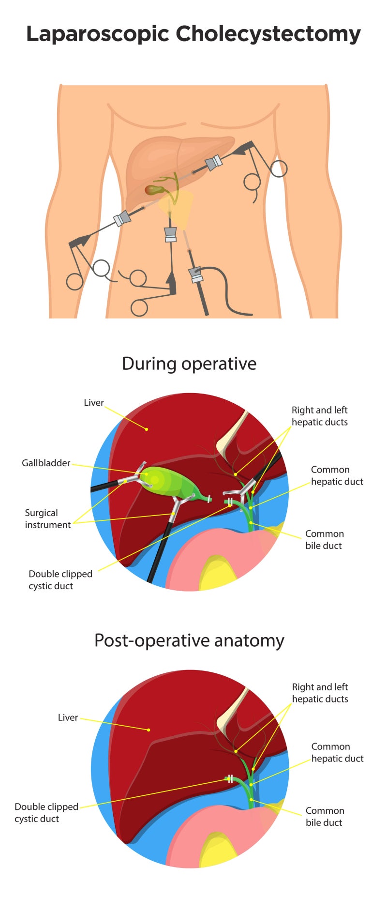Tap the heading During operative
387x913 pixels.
[189, 364]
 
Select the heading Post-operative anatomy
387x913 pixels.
[189, 640]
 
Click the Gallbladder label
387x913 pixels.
[46, 463]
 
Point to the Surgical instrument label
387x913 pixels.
[47, 518]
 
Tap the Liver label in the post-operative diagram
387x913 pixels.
[68, 717]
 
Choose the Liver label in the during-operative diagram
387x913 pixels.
[93, 403]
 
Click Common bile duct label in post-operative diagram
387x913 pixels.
[325, 816]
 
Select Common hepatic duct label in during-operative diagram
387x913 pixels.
[337, 475]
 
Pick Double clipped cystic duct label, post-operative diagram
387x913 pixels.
[46, 812]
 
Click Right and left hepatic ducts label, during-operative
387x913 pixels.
[319, 416]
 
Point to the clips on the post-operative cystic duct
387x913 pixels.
[230, 779]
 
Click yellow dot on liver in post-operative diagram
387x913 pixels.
[149, 730]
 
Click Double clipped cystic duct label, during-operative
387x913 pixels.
[60, 579]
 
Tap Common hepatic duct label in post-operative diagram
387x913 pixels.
[337, 752]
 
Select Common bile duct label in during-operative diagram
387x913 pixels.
[324, 539]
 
